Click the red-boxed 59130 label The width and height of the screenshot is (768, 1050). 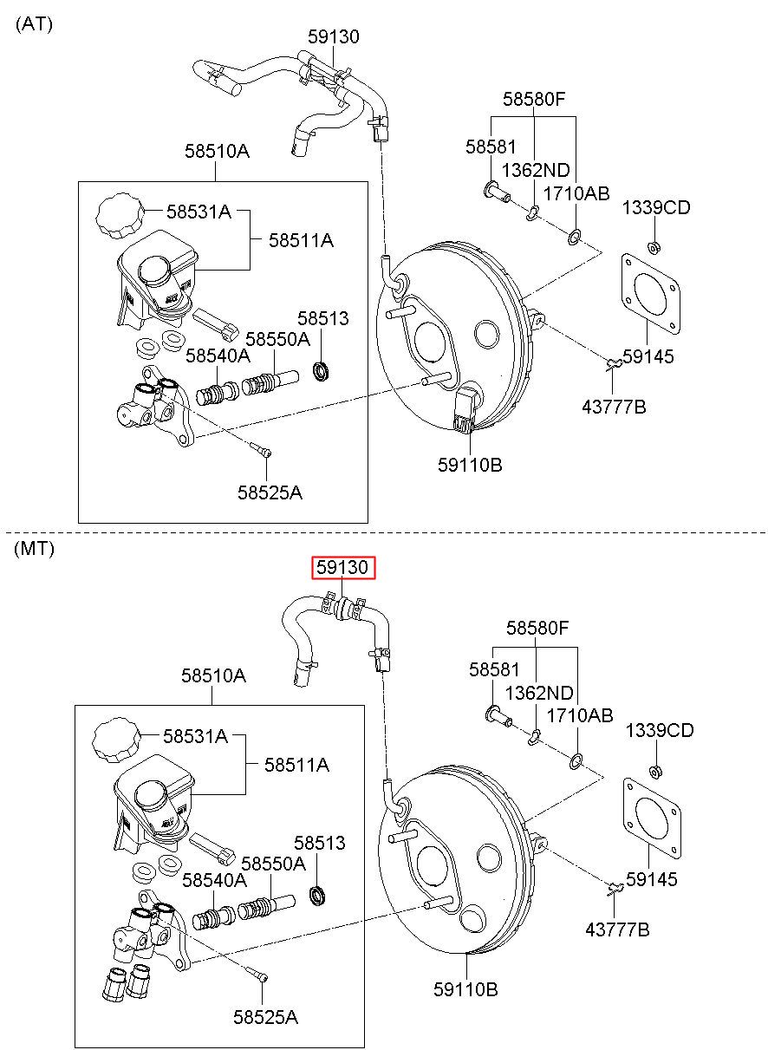click(x=343, y=567)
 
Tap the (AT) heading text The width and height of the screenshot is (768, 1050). click(x=34, y=23)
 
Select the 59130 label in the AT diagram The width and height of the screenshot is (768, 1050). click(x=334, y=36)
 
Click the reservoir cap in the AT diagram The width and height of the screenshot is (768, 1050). click(x=119, y=216)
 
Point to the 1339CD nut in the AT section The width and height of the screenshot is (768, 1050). click(x=654, y=246)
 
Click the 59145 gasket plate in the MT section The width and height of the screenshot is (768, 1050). click(x=652, y=818)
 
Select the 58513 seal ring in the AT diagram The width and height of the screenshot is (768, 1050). click(x=322, y=371)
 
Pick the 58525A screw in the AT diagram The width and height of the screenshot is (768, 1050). click(x=261, y=449)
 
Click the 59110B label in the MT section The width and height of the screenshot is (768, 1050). click(x=465, y=989)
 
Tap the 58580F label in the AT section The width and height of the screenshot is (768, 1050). click(x=534, y=99)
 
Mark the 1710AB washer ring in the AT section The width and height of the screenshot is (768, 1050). click(x=575, y=238)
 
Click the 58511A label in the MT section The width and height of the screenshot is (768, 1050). click(x=296, y=765)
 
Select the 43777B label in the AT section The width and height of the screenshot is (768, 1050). click(x=614, y=407)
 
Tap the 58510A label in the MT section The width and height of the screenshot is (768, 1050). click(x=214, y=675)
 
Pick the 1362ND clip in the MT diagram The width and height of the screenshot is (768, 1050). click(x=534, y=737)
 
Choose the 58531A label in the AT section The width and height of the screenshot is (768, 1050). click(x=199, y=212)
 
